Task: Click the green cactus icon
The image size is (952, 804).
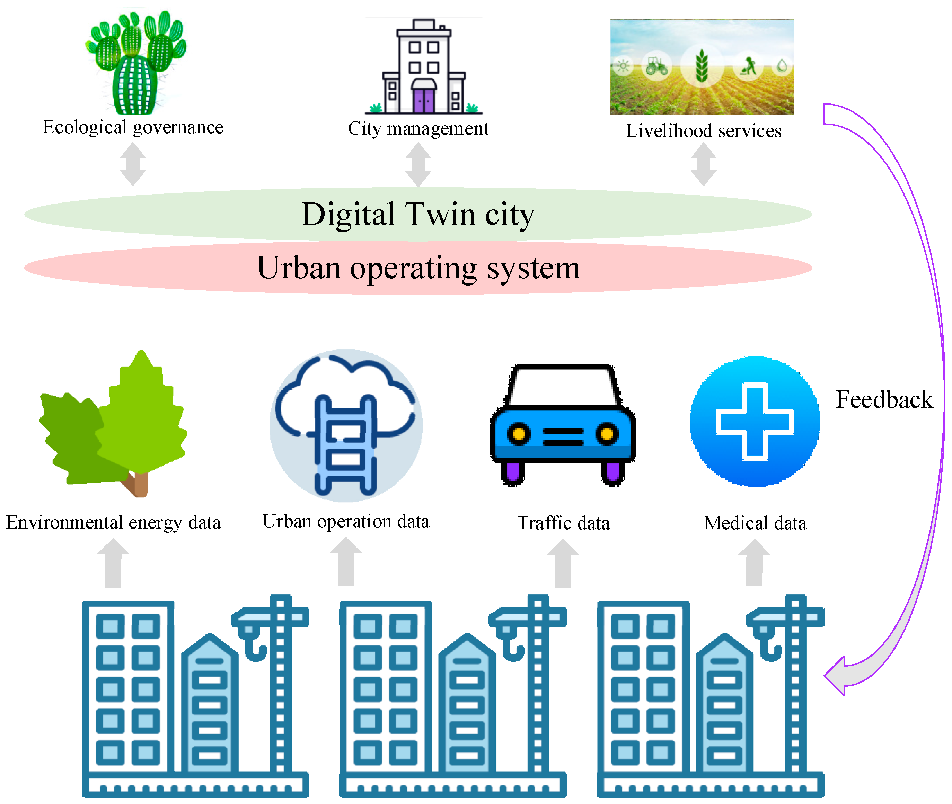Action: pyautogui.click(x=135, y=64)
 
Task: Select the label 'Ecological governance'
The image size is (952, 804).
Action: pyautogui.click(x=133, y=127)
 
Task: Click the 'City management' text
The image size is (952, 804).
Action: pyautogui.click(x=418, y=128)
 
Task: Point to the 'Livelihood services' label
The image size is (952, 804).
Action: pyautogui.click(x=703, y=131)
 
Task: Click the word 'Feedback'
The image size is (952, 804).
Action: pyautogui.click(x=884, y=400)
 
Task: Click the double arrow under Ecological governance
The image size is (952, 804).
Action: pyautogui.click(x=133, y=164)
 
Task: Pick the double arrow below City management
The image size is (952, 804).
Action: pyautogui.click(x=418, y=164)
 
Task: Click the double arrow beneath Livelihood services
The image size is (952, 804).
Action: pyautogui.click(x=703, y=164)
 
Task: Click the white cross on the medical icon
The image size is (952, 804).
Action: pyautogui.click(x=755, y=422)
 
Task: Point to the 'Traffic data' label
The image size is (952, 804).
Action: pyautogui.click(x=563, y=523)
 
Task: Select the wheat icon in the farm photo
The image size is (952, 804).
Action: pyautogui.click(x=702, y=66)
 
